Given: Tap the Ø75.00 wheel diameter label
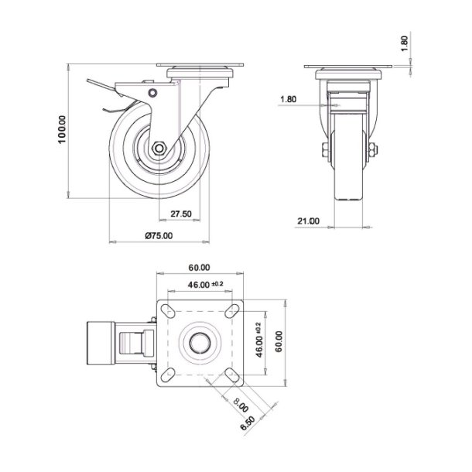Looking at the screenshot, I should [x=159, y=236].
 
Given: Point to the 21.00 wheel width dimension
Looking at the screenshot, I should [x=307, y=221].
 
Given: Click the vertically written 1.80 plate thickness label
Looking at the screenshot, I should [x=404, y=43].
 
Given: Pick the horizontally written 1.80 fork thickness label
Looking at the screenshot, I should [x=288, y=99].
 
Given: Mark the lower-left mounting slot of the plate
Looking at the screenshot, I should [x=166, y=376].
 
